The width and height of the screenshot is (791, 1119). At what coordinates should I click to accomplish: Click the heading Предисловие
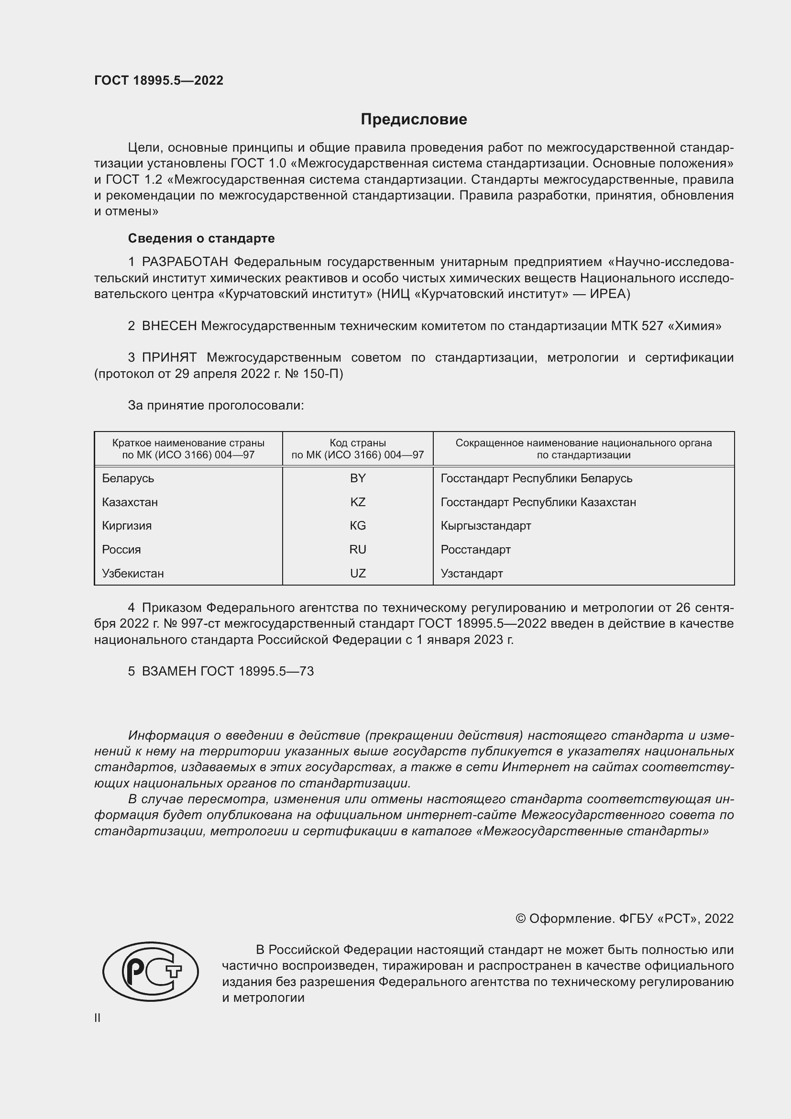click(414, 120)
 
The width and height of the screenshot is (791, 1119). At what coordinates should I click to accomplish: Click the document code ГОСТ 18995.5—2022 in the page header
click(159, 80)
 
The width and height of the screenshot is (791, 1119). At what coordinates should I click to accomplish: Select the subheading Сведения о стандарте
click(201, 238)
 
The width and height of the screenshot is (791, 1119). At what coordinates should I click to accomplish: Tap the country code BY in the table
click(358, 478)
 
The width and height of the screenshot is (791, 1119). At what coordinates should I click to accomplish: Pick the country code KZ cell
click(358, 502)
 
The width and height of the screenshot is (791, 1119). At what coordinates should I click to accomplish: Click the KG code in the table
click(358, 525)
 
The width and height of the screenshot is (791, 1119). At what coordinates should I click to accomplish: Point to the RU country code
click(358, 549)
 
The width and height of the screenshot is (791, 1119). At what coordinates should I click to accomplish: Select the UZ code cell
click(358, 573)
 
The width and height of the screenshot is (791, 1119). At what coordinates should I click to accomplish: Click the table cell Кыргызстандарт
click(485, 525)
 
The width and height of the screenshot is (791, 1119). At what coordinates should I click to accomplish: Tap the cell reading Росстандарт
click(475, 549)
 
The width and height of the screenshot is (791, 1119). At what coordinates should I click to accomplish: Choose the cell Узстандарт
click(472, 573)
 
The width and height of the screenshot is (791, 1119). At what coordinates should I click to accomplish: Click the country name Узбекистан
click(132, 573)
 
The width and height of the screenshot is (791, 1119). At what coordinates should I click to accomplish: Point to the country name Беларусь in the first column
click(128, 478)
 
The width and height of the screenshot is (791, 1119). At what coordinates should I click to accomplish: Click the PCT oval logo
click(151, 971)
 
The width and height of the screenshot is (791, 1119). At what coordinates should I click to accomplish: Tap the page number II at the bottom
click(98, 1018)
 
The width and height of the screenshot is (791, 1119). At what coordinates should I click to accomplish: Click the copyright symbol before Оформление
click(520, 919)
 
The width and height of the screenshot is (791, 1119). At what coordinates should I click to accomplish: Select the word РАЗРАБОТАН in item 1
click(185, 262)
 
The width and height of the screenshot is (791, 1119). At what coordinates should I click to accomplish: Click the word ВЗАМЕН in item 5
click(169, 671)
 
